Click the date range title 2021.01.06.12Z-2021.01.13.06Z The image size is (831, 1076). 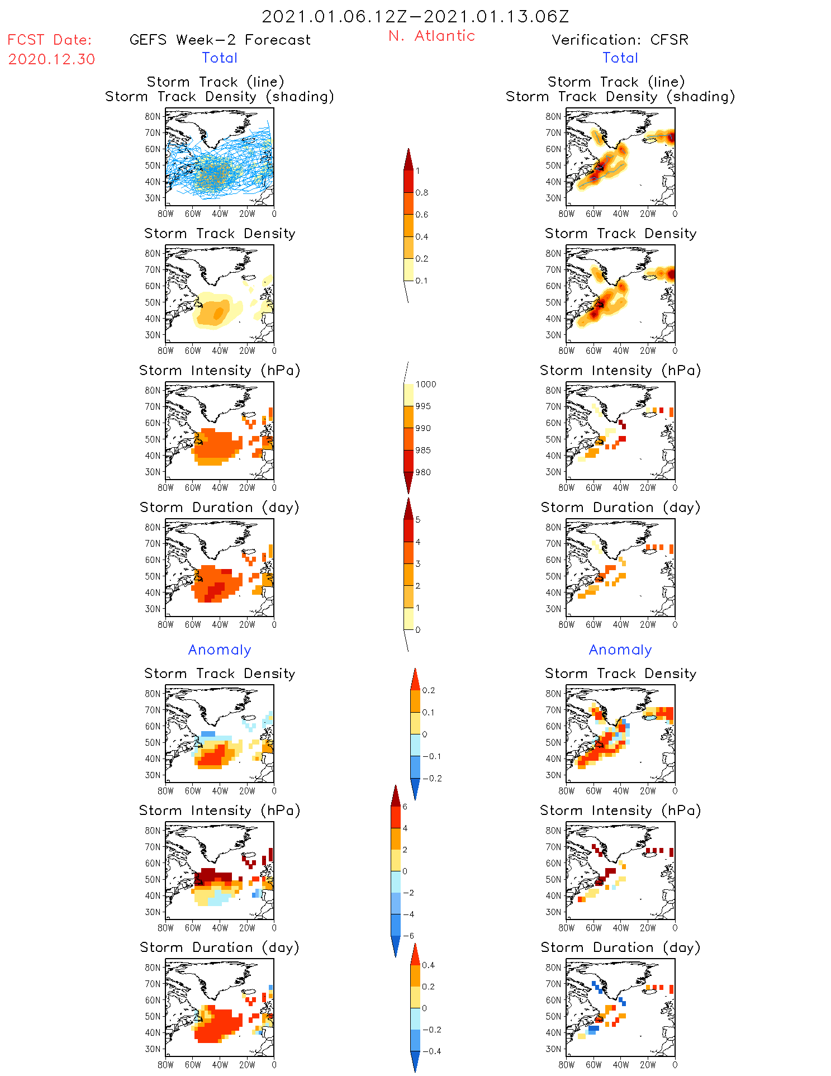415,16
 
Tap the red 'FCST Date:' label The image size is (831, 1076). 50,40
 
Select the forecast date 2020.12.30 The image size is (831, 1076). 51,59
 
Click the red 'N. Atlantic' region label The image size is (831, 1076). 431,36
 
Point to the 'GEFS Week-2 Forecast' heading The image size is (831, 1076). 220,40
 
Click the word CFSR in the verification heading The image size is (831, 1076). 669,40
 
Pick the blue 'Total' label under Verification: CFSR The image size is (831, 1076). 620,58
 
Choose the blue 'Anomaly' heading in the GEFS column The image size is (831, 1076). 220,650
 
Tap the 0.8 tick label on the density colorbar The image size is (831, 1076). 422,193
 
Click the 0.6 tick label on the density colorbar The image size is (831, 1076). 422,215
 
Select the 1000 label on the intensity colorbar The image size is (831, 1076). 425,385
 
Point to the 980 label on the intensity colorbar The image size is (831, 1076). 423,472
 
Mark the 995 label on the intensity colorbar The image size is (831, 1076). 423,406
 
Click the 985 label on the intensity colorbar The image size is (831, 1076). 423,451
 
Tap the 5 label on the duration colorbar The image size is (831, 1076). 418,520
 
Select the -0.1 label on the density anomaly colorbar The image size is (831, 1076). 431,756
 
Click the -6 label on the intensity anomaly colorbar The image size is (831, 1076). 408,936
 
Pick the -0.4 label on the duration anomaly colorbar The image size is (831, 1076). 431,1051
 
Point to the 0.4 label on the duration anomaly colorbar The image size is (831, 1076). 428,965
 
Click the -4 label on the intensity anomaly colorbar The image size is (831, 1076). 408,914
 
